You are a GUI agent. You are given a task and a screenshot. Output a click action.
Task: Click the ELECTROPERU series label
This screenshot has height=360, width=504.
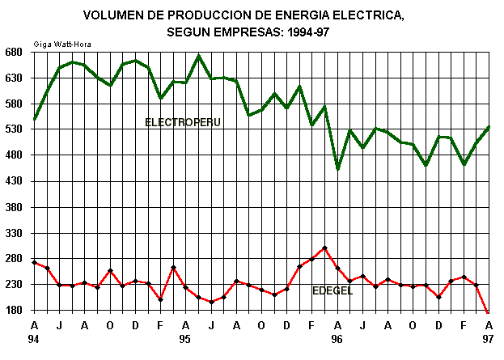(183, 122)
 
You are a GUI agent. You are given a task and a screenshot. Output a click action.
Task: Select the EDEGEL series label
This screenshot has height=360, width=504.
(332, 290)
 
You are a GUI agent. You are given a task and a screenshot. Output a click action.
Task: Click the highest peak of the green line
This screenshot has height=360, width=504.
(198, 56)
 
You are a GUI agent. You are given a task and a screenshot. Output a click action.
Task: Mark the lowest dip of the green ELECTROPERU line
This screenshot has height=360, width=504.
(337, 168)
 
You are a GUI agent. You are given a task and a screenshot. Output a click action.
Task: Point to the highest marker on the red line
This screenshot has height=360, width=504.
(324, 248)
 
